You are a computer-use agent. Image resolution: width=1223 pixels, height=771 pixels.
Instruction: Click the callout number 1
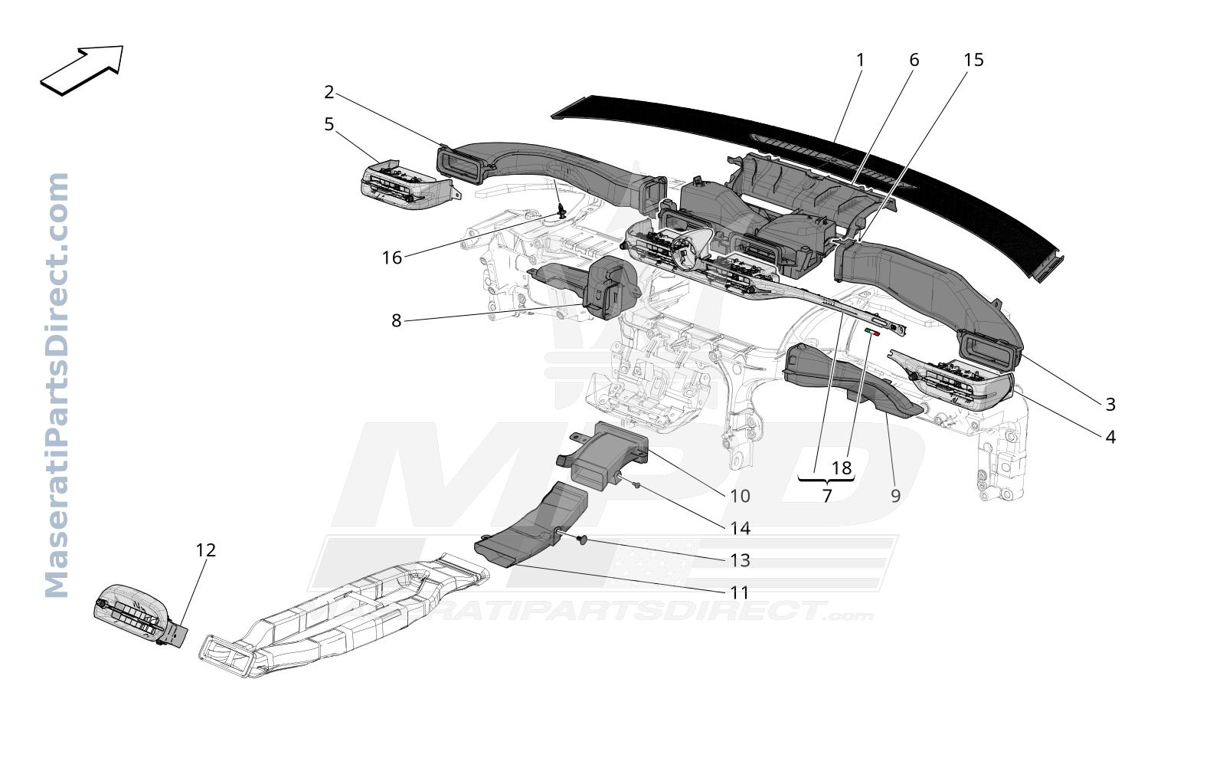pos(860,60)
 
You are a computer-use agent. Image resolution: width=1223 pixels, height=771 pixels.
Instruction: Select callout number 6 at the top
pos(914,60)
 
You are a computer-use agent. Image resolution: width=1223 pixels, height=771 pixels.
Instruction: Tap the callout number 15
pos(973,60)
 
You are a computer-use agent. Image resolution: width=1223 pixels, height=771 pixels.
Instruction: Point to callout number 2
pos(329,92)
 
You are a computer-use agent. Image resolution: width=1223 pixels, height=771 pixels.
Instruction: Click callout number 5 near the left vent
pos(329,125)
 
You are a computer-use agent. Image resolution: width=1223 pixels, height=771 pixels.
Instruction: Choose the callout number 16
pos(391,258)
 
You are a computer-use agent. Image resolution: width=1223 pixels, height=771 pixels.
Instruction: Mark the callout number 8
pos(397,321)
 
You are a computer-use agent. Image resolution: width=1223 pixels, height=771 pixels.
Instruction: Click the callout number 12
pos(206,550)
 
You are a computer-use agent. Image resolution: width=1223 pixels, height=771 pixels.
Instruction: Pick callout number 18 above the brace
pos(842,468)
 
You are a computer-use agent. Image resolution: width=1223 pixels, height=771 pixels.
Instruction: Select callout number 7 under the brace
pos(826,496)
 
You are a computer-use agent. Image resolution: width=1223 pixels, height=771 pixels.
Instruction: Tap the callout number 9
pos(895,496)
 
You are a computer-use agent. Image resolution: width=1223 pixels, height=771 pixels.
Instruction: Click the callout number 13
pos(741,561)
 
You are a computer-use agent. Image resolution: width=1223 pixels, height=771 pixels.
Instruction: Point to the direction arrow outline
pos(82,70)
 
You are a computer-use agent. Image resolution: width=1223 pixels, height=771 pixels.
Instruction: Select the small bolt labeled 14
pos(636,484)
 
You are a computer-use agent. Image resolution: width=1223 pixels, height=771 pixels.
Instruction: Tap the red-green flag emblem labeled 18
pos(872,332)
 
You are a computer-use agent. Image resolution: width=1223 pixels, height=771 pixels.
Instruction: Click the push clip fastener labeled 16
pos(561,210)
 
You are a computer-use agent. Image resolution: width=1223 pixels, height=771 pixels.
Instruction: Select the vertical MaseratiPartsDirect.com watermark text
pos(57,385)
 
